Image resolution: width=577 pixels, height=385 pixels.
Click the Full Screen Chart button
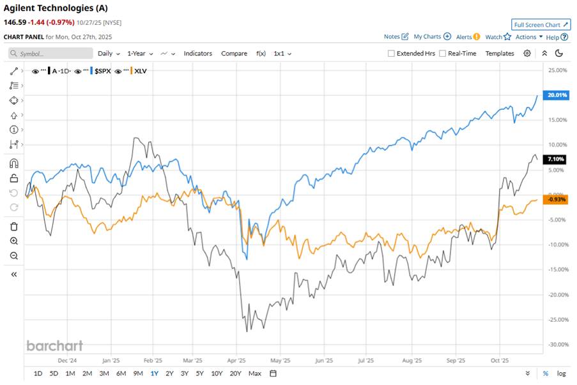coord(541,25)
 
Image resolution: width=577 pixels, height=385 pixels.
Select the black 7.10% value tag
coord(553,159)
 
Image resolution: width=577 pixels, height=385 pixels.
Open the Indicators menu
coord(197,54)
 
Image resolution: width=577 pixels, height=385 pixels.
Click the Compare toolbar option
coord(234,54)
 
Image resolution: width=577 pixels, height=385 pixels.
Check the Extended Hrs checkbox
coord(391,54)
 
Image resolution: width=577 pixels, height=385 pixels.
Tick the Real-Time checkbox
coord(442,54)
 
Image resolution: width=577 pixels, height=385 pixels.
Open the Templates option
coord(499,54)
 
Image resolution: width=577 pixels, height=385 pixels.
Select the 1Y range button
coord(154,373)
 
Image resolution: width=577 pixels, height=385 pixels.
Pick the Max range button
coord(254,373)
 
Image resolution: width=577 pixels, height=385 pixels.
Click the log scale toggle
coord(561,373)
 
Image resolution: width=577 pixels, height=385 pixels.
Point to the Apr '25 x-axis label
coord(236,359)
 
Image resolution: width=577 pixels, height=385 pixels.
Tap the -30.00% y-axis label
coord(557,344)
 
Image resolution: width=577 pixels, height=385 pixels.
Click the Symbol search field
coord(51,54)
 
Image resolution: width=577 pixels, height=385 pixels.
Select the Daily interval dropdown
coord(109,54)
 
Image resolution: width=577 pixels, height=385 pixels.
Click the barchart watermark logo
coord(54,345)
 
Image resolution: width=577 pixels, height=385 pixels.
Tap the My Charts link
coord(432,37)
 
